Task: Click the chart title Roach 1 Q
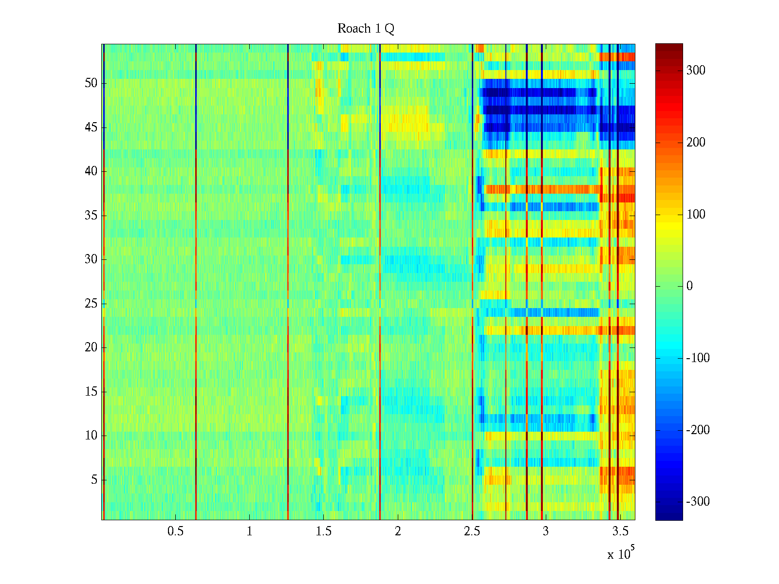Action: [x=366, y=29]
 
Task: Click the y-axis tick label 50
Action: [x=91, y=83]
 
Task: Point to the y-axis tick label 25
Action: [x=91, y=304]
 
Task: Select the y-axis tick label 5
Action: [x=94, y=480]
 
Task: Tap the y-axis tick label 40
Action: [x=91, y=171]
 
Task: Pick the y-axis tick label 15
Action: [x=91, y=392]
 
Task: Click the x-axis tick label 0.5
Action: [x=175, y=531]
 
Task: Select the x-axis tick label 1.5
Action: [x=323, y=531]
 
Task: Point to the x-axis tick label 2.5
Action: [x=472, y=531]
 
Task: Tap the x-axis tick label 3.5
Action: [x=620, y=531]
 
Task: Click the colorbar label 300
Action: [x=696, y=71]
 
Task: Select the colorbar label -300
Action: [x=698, y=502]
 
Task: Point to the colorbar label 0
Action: [x=689, y=286]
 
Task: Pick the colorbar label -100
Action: [x=698, y=358]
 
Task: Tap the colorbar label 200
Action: [x=696, y=143]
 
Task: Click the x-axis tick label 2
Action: [x=398, y=531]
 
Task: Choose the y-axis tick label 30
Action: [x=91, y=259]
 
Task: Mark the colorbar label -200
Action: [x=698, y=430]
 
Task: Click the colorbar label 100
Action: [x=696, y=215]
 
